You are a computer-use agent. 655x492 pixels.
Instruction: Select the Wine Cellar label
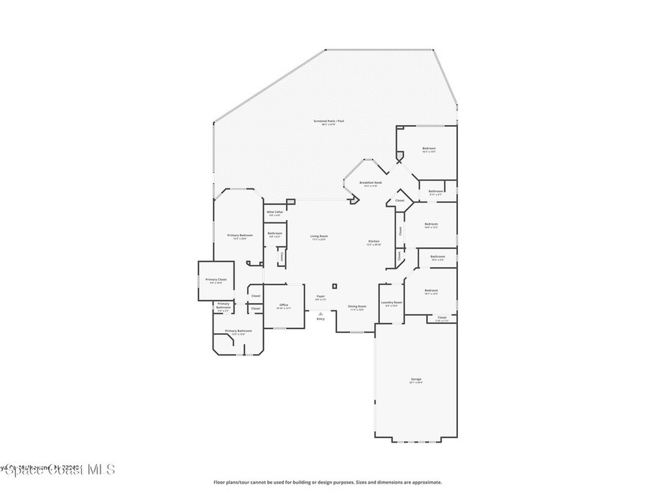[x=274, y=212]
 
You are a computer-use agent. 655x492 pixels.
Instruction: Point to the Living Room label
[x=319, y=237]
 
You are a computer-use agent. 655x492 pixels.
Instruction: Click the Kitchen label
[x=374, y=242]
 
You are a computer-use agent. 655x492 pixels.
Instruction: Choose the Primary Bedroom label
[x=241, y=236]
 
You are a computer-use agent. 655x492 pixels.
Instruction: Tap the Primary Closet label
[x=216, y=280]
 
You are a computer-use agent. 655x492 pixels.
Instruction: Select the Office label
[x=283, y=306]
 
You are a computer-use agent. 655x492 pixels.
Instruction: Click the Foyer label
[x=320, y=297]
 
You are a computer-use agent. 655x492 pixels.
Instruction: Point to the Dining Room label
[x=357, y=307]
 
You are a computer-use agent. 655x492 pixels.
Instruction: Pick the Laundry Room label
[x=391, y=303]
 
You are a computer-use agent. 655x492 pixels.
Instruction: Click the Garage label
[x=416, y=380]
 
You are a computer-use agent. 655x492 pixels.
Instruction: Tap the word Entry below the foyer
[x=320, y=318]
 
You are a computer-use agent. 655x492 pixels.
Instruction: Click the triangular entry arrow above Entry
[x=320, y=313]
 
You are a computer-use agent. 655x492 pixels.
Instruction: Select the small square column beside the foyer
[x=334, y=286]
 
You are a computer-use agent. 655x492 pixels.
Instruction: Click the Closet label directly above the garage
[x=442, y=318]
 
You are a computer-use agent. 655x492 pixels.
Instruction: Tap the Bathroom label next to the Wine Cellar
[x=275, y=233]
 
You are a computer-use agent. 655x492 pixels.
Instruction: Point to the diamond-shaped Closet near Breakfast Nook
[x=400, y=201]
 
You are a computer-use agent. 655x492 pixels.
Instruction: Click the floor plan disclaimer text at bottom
[x=327, y=482]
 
